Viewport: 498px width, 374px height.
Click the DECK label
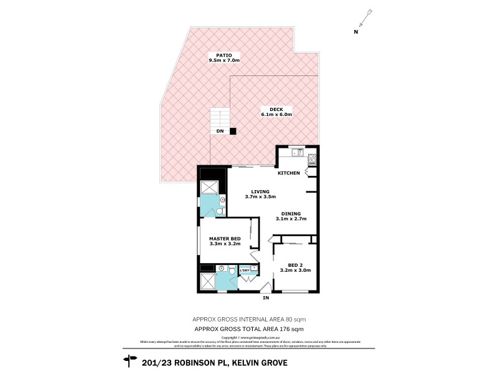coord(267,108)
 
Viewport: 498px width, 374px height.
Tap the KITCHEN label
coord(289,173)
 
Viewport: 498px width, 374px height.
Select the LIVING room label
coord(260,191)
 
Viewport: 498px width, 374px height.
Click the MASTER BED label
coord(224,239)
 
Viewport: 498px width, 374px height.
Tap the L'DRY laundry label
coord(245,270)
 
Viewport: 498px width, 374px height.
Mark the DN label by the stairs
coord(220,132)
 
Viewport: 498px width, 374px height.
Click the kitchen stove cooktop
coord(312,158)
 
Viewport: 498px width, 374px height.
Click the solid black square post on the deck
coord(233,131)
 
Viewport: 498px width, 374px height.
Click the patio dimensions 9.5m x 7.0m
coord(224,60)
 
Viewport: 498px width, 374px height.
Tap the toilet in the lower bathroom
coord(232,271)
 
